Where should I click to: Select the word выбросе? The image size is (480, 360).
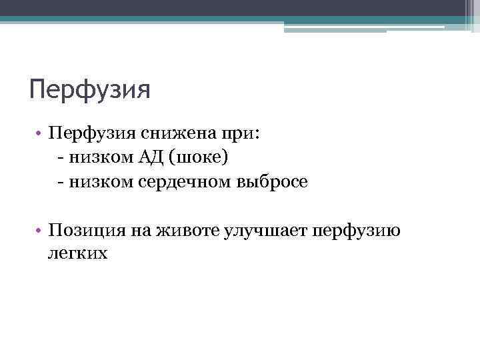coord(271,182)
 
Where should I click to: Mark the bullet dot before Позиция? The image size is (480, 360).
coord(41,231)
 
